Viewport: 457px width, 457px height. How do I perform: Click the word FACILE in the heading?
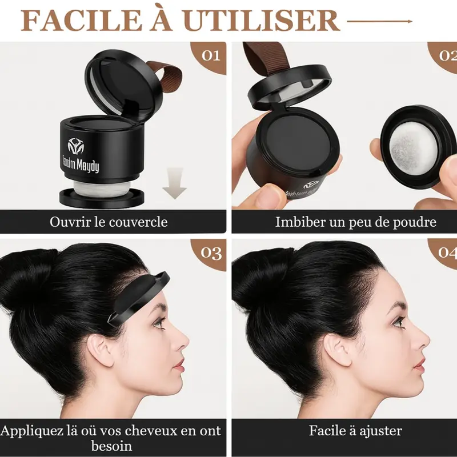(81, 21)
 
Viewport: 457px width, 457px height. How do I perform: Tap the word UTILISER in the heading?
(262, 21)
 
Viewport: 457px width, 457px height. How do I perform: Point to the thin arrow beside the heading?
(379, 21)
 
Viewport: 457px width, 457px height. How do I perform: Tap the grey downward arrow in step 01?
(174, 183)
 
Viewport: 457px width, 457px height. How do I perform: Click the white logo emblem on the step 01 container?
(76, 146)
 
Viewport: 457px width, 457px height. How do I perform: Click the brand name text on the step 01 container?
(81, 165)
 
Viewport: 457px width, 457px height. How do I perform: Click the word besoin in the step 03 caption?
(111, 446)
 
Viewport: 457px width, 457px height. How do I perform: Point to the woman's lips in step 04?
(420, 365)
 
